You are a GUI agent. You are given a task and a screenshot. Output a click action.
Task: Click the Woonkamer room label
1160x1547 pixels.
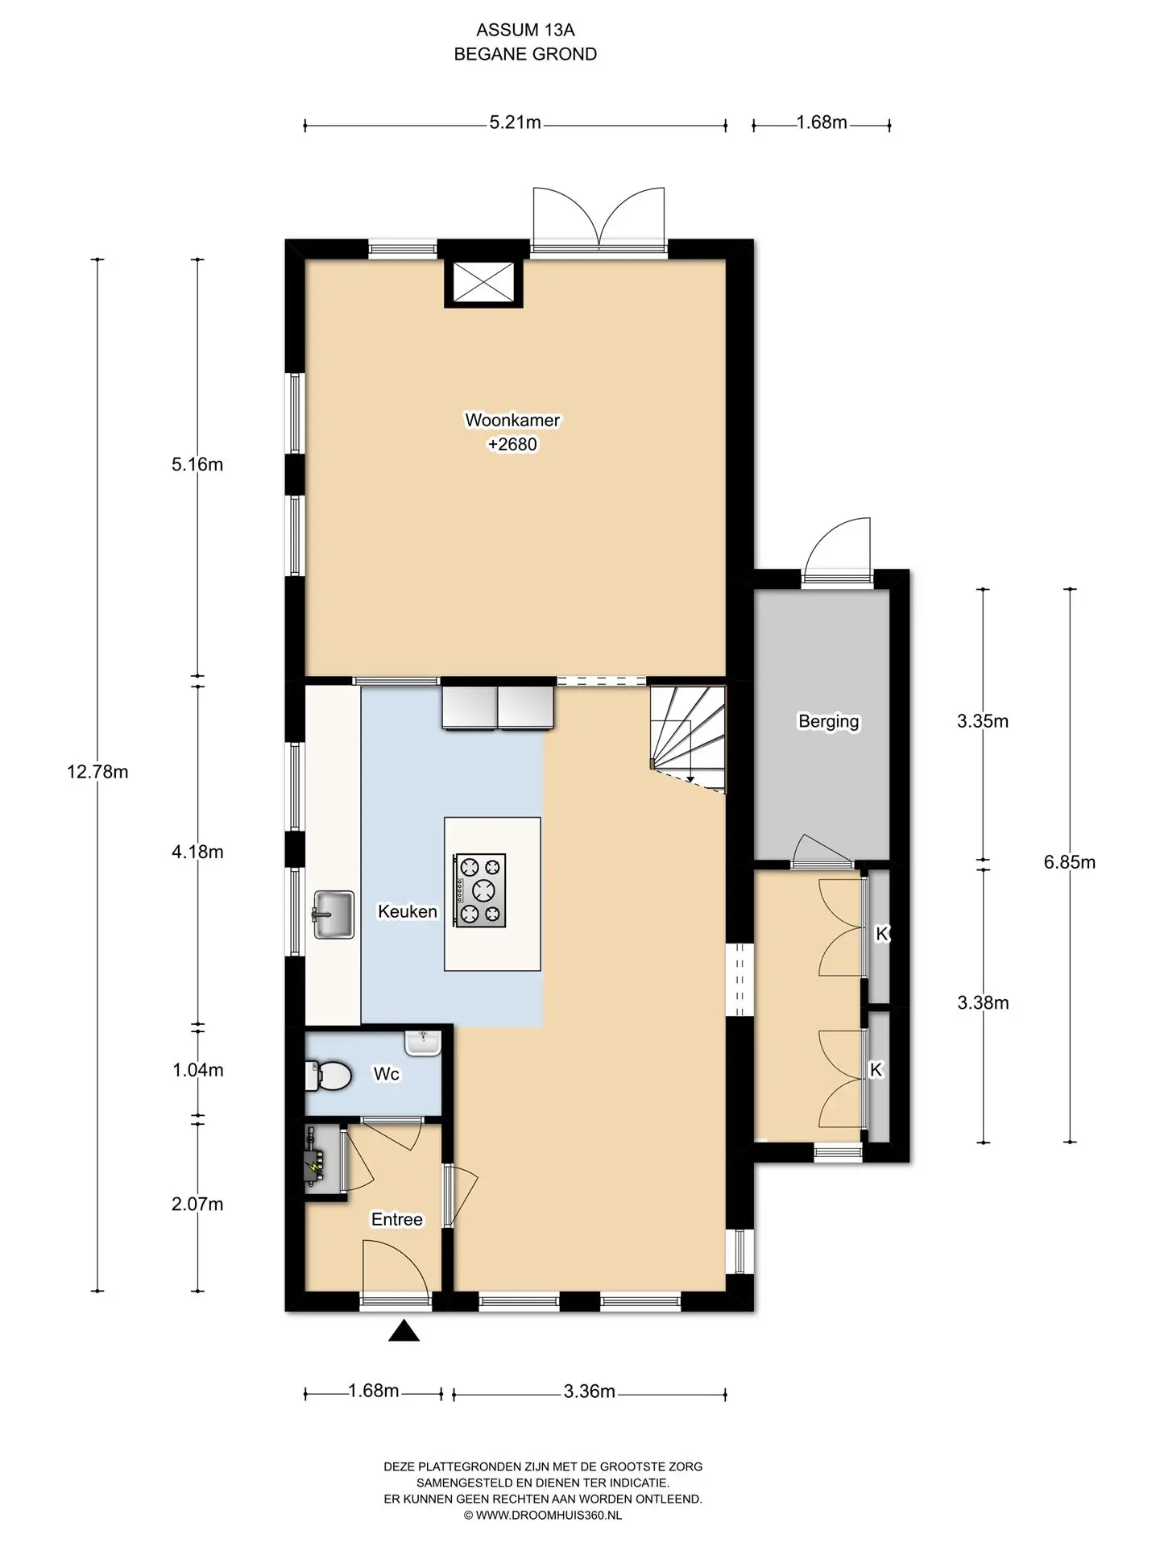[512, 420]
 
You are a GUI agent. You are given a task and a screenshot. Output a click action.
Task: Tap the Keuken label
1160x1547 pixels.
[408, 911]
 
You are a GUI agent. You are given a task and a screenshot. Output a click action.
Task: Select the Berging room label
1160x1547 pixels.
[829, 721]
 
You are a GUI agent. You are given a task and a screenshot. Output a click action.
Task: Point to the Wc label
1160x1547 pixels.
[387, 1074]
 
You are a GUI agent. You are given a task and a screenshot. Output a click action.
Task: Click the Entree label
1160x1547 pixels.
[397, 1219]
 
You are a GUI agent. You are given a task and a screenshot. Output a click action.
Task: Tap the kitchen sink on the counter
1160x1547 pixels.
[333, 915]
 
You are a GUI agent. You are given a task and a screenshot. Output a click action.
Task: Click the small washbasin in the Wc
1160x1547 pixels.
[423, 1043]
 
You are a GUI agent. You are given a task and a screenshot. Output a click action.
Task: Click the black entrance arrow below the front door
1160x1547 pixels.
[404, 1331]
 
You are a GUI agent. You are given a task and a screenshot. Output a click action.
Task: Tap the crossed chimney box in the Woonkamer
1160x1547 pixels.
[483, 283]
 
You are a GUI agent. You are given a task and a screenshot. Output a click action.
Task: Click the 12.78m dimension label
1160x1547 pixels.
[97, 772]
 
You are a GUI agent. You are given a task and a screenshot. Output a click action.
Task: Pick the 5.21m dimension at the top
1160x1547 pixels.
[516, 123]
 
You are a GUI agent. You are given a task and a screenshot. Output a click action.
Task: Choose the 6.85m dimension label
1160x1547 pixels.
[1070, 862]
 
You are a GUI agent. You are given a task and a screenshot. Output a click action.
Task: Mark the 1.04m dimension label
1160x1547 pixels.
[198, 1070]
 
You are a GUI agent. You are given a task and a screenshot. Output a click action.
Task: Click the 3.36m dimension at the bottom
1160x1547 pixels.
[590, 1391]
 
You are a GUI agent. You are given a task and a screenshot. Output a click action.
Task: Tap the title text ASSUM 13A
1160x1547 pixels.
[526, 31]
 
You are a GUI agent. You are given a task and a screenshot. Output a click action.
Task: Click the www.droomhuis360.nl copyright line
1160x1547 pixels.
[543, 1515]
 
